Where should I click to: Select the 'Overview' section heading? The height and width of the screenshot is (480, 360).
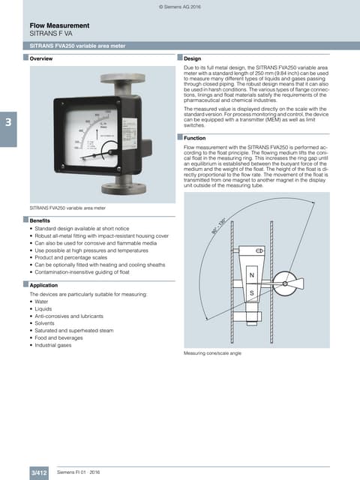[x=41, y=58]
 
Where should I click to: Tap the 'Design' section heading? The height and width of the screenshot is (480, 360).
[x=193, y=58]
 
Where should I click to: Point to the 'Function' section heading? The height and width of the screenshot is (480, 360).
[x=195, y=138]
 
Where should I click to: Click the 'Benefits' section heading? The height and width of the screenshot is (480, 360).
[x=40, y=220]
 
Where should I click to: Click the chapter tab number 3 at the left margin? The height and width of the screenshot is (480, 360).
[x=7, y=121]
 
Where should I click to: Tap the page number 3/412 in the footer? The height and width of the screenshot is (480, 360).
[x=39, y=472]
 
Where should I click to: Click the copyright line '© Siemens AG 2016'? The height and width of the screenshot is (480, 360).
[x=180, y=6]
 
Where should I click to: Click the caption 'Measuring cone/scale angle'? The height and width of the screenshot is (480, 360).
[x=213, y=352]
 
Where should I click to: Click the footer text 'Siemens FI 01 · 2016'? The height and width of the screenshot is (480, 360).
[x=79, y=472]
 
